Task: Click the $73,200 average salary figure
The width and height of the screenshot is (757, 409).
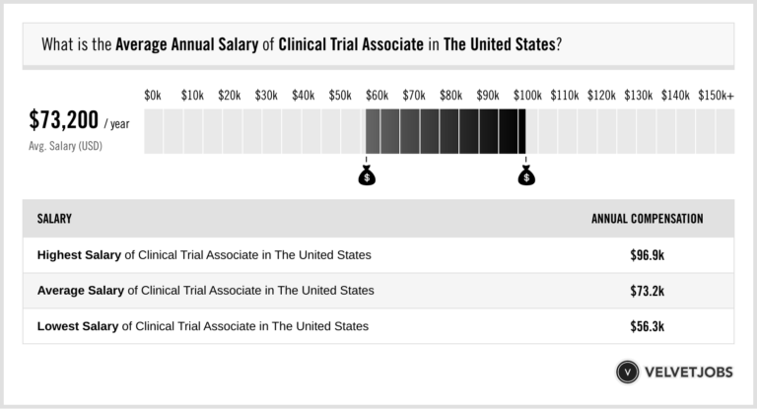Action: point(64,121)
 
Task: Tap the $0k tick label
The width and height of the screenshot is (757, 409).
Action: point(152,96)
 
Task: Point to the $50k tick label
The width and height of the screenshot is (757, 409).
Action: point(340,96)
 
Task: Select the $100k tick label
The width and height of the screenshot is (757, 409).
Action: point(526,96)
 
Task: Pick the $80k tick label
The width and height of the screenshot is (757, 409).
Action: point(450,96)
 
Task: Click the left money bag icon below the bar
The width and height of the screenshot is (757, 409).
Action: point(367,176)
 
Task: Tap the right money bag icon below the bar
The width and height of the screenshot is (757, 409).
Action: point(526,176)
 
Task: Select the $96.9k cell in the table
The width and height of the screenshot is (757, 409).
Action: point(647,255)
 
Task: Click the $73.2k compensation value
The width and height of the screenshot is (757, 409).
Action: point(647,291)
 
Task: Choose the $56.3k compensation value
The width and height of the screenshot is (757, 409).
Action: point(647,326)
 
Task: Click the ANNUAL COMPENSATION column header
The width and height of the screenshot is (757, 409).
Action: point(647,219)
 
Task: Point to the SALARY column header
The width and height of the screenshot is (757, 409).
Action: point(54,219)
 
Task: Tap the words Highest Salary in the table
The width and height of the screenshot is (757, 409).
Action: point(79,255)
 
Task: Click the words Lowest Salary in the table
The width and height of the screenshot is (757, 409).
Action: point(78,326)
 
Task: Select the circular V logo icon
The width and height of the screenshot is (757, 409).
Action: point(627,373)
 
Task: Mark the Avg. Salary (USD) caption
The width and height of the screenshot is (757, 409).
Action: point(65,146)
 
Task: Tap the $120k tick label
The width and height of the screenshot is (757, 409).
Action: point(601,96)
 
